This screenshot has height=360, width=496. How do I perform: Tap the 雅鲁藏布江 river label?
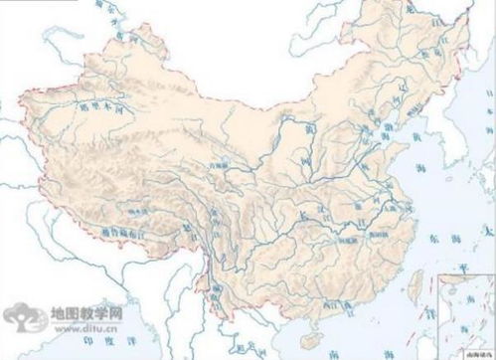pos(130,230)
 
